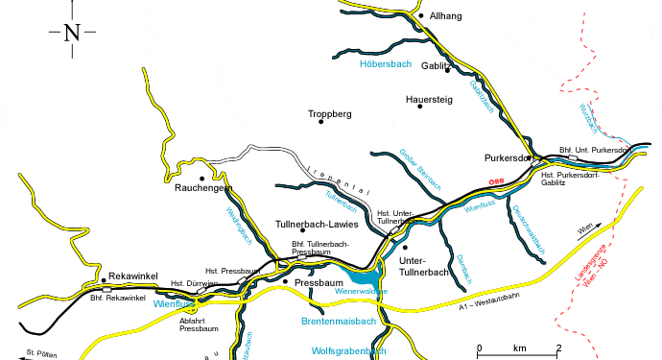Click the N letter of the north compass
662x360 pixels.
(72, 33)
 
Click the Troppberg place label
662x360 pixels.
(330, 114)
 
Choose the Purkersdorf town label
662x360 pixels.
(508, 157)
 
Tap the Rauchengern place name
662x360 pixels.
(204, 189)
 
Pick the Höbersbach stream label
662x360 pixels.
(385, 64)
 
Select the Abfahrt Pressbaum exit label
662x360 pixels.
(201, 324)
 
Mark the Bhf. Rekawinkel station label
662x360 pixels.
(117, 299)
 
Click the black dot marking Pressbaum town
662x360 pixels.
(285, 281)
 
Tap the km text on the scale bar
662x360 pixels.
(519, 348)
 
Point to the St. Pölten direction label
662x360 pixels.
(42, 354)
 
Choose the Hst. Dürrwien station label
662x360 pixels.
(190, 283)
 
